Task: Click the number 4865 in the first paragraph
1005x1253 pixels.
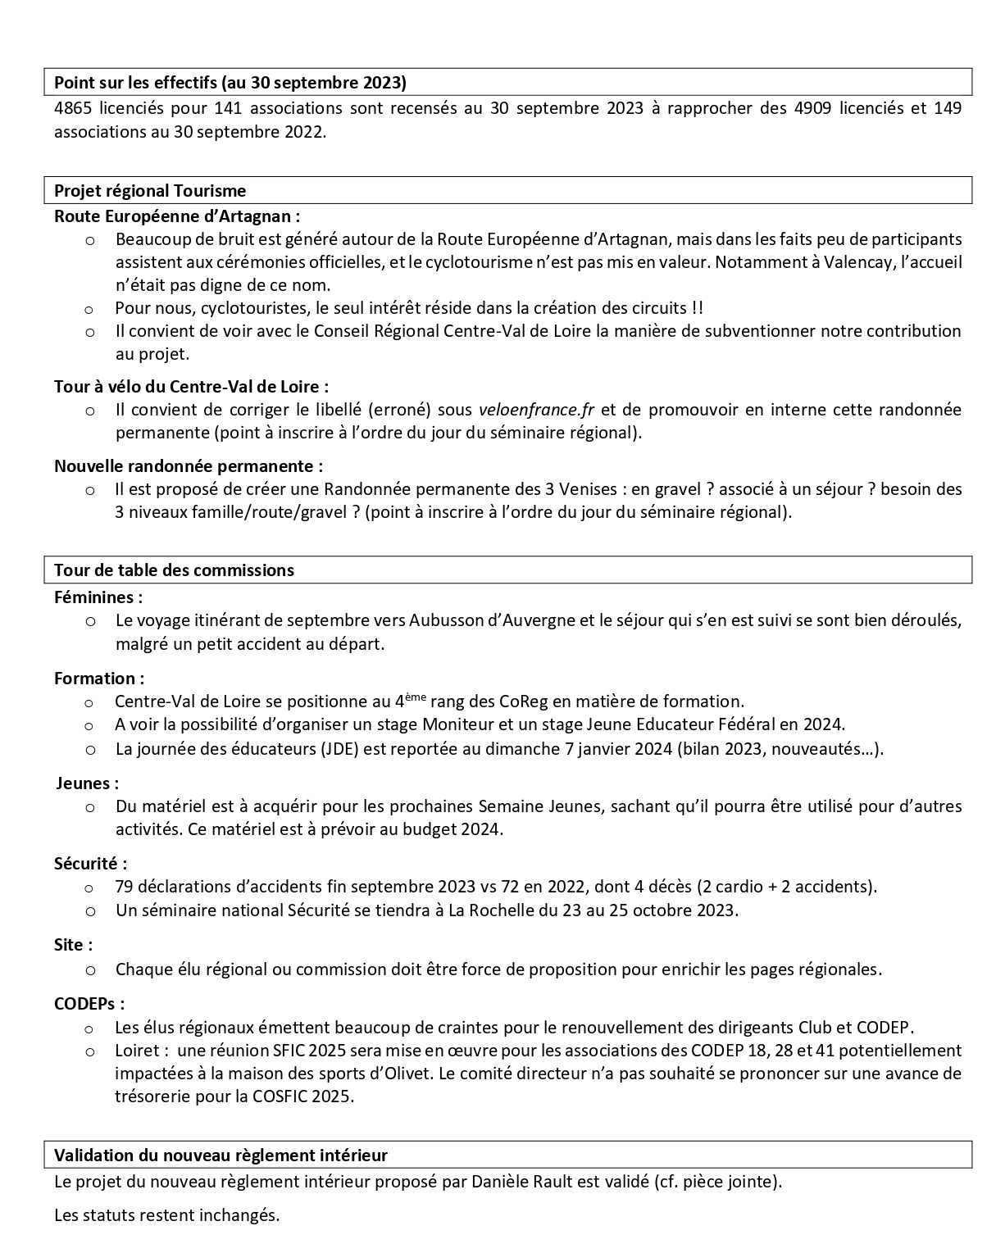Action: pyautogui.click(x=72, y=108)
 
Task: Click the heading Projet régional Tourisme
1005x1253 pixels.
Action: pyautogui.click(x=150, y=191)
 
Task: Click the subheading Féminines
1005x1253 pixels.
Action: pyautogui.click(x=98, y=597)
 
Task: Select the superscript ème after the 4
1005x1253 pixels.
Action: pyautogui.click(x=415, y=697)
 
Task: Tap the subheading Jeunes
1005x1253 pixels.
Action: pyautogui.click(x=88, y=783)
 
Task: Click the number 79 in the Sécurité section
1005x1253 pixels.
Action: pyautogui.click(x=125, y=887)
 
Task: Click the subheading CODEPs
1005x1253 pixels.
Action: pyautogui.click(x=89, y=1004)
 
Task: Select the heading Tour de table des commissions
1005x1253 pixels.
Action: pyautogui.click(x=174, y=570)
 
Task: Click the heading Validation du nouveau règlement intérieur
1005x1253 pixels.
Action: pyautogui.click(x=221, y=1155)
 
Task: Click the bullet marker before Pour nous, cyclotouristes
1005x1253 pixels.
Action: pyautogui.click(x=89, y=309)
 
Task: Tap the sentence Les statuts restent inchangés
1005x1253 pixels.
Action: pyautogui.click(x=166, y=1216)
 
